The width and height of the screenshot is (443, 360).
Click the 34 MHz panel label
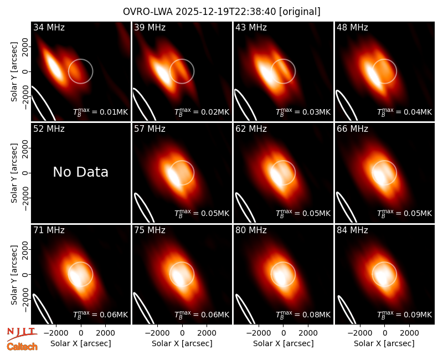[49, 27]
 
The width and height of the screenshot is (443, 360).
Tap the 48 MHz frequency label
[352, 27]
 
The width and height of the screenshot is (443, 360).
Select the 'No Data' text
[80, 172]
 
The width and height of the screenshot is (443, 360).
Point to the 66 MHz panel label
[352, 129]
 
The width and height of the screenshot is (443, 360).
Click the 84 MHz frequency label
[352, 230]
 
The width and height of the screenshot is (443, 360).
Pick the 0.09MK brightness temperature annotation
[405, 315]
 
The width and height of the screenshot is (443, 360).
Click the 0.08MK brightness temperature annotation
[303, 315]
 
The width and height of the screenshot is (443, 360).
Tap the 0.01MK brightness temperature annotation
[101, 112]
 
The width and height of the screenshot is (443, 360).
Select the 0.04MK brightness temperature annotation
[405, 112]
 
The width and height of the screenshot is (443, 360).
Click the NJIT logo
[22, 334]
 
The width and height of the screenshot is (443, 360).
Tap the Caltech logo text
[22, 347]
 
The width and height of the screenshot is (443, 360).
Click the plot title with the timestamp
[221, 12]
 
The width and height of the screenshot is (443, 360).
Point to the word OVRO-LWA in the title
[147, 12]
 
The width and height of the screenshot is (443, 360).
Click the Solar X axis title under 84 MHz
[384, 343]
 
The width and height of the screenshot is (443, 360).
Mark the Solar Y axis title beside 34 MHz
[14, 72]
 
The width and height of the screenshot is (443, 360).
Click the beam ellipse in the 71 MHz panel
[42, 308]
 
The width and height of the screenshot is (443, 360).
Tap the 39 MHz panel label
[150, 27]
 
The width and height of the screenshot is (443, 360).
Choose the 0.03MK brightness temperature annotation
[303, 112]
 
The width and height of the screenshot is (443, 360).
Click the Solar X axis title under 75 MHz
[182, 343]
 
